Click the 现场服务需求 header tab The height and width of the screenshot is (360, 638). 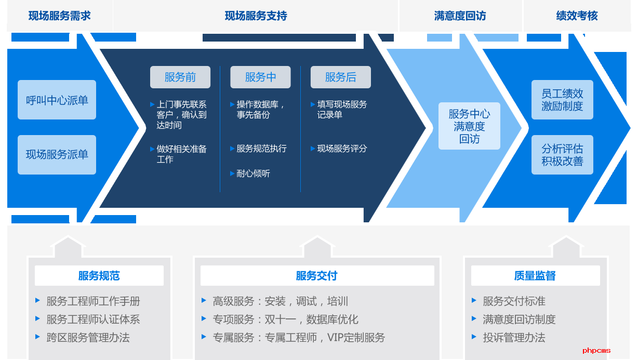[59, 16]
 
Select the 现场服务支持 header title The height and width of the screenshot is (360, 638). [256, 16]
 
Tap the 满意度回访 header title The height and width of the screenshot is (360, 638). [460, 16]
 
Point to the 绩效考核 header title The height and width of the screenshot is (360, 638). [577, 16]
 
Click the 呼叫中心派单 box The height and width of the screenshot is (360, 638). [57, 100]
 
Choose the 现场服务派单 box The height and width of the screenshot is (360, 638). [57, 154]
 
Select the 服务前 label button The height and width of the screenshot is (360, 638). [180, 77]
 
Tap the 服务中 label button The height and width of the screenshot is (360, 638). [260, 77]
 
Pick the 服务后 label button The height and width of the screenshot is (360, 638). [341, 77]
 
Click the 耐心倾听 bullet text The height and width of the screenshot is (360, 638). [253, 174]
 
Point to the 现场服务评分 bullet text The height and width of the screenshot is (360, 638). [342, 149]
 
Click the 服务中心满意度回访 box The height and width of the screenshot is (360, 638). [469, 126]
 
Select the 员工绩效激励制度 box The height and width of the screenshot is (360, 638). [562, 100]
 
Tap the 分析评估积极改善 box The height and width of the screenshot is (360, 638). [562, 155]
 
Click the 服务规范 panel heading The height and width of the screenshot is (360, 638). [99, 276]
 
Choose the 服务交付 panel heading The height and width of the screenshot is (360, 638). [317, 276]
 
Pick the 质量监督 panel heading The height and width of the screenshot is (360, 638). [535, 276]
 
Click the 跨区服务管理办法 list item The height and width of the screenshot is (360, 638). [88, 338]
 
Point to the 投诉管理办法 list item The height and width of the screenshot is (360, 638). [514, 338]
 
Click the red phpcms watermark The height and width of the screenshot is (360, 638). [596, 351]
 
